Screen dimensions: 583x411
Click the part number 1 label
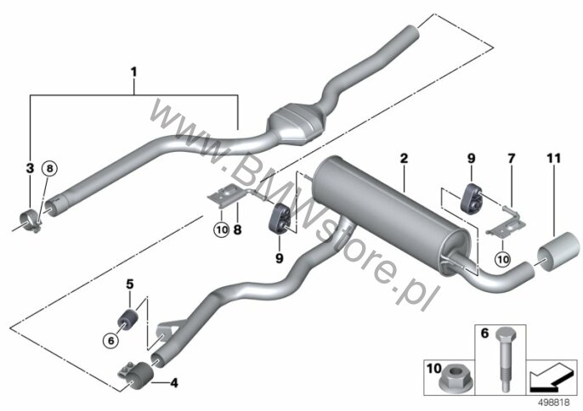[134, 71]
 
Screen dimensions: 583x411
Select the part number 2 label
[404, 159]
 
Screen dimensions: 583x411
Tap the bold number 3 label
[30, 168]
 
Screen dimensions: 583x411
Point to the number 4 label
[174, 382]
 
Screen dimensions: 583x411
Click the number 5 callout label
[129, 284]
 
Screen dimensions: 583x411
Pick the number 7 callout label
[512, 159]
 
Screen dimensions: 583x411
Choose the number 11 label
[553, 159]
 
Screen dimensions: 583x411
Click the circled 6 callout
[111, 340]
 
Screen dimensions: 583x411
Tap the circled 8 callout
[50, 169]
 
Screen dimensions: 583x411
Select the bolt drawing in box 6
[504, 360]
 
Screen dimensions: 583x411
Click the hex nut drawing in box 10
[450, 381]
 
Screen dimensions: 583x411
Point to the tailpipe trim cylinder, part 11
[558, 251]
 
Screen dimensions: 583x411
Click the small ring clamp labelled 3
[31, 220]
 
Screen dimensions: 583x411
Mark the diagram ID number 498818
[554, 403]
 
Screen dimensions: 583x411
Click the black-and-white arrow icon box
[552, 377]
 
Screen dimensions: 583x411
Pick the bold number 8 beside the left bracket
[237, 229]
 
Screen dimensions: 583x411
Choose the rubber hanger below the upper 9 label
[472, 198]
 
